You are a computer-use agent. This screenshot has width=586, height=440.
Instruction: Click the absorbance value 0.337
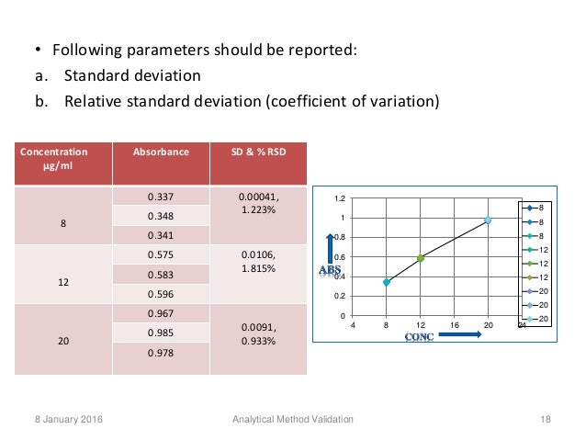161,196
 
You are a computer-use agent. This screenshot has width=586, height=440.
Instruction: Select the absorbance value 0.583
161,274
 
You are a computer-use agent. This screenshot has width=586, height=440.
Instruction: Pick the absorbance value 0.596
161,295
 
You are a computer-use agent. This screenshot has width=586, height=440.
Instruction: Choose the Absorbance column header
161,152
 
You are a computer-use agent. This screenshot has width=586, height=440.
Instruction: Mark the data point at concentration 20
488,220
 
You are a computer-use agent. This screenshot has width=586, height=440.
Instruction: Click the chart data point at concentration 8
387,282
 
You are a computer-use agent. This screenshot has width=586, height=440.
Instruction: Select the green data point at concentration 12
420,258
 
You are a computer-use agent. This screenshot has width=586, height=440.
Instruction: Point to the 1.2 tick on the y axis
340,198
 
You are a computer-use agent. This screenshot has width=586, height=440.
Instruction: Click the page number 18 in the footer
546,419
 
